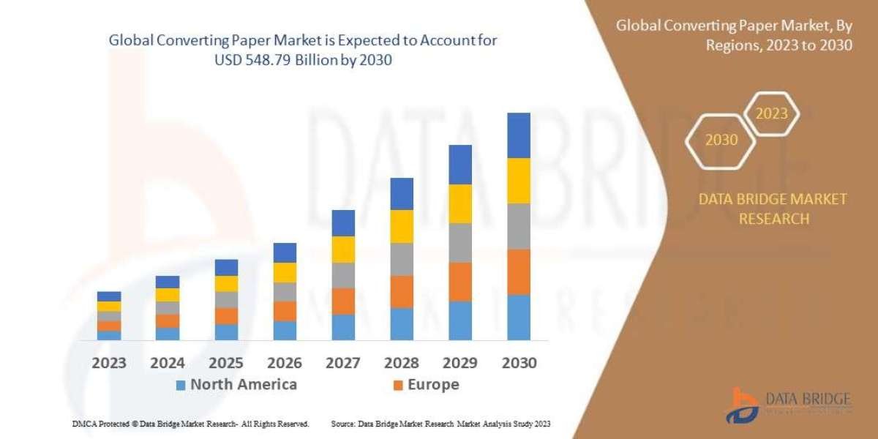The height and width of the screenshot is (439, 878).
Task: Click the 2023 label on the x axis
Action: tap(109, 363)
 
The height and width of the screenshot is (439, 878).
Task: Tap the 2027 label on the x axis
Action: tap(343, 363)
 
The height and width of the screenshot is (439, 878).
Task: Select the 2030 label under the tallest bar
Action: tap(519, 363)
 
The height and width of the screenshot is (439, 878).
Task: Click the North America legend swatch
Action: tap(181, 385)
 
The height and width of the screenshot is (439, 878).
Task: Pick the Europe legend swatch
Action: tap(397, 385)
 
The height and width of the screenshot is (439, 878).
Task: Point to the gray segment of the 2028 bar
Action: tap(402, 259)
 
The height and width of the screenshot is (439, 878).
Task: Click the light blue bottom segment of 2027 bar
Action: tap(343, 327)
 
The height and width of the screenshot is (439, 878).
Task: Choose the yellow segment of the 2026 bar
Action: tap(285, 272)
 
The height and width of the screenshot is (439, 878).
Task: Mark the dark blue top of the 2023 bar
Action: tap(109, 296)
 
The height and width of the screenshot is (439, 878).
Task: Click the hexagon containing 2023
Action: tap(771, 113)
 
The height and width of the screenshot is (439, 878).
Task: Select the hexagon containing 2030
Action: tap(721, 140)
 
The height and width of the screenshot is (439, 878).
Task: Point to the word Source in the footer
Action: tap(343, 424)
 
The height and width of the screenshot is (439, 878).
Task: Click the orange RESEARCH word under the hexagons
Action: tap(773, 218)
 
